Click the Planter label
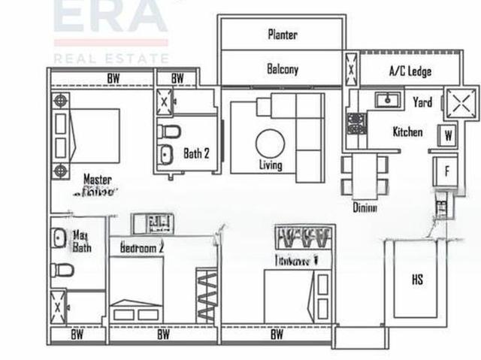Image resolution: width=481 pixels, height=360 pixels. (283, 35)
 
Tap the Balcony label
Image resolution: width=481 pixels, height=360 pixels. (283, 69)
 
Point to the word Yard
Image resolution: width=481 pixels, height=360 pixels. (422, 102)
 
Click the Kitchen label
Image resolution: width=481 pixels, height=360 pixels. (407, 132)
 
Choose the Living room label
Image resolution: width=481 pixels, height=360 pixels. (271, 165)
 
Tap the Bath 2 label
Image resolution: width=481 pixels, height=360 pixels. (196, 153)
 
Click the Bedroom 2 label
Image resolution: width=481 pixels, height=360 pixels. (142, 247)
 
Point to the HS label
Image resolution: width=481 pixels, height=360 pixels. (417, 280)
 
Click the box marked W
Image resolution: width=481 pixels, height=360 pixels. (448, 136)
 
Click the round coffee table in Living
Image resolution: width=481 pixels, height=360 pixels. (269, 142)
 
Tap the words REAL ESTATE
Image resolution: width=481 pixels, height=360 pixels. (110, 58)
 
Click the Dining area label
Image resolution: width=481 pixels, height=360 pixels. (365, 207)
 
